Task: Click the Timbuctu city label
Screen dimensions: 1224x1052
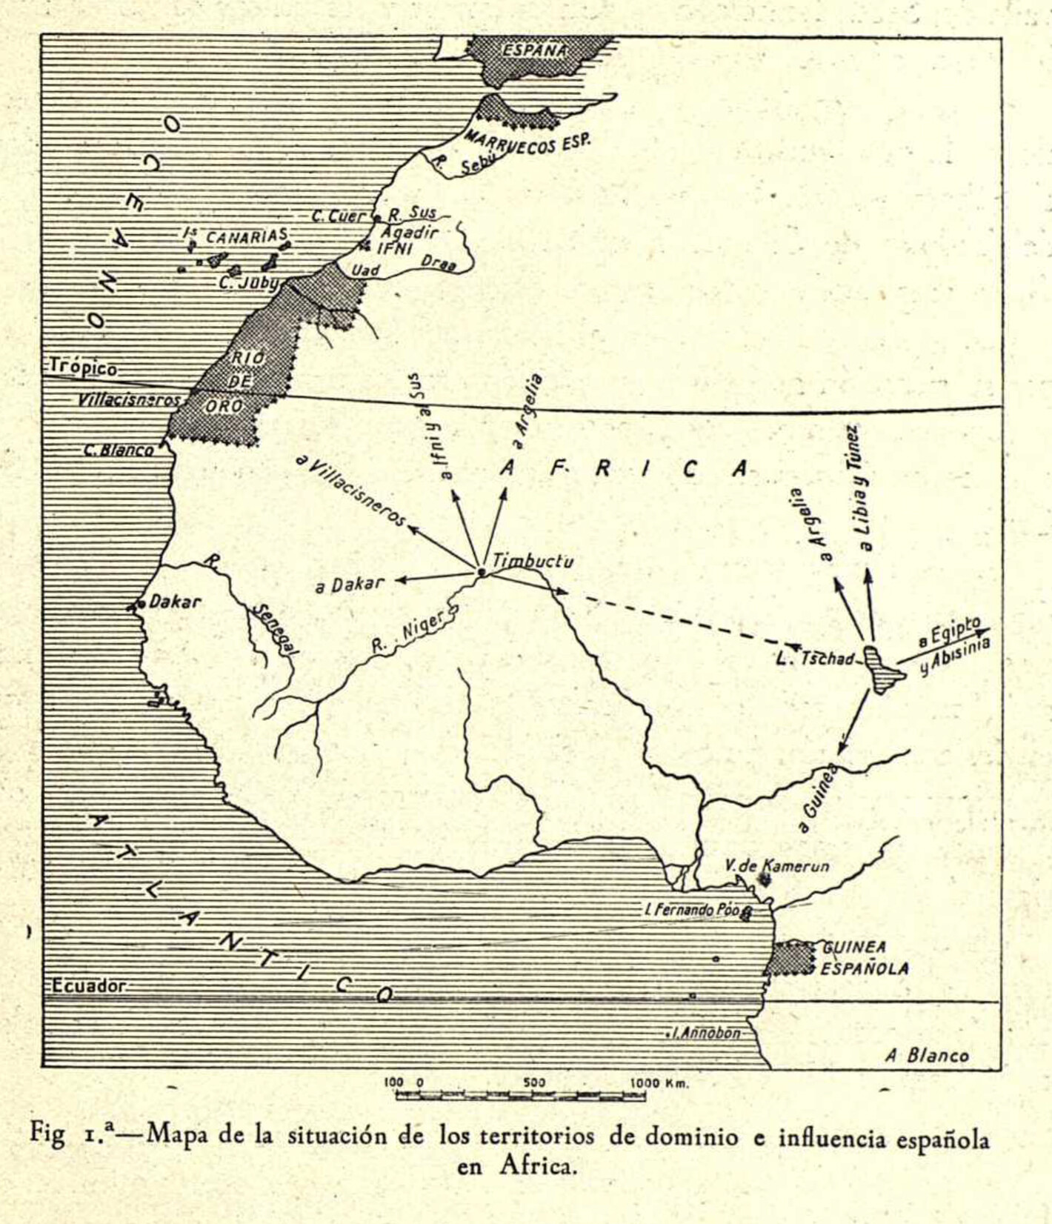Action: (533, 562)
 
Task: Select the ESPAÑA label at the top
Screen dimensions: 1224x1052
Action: (535, 50)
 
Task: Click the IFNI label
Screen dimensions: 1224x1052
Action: (394, 248)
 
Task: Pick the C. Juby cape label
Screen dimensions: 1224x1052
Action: (249, 283)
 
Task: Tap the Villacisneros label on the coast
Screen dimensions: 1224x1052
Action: (129, 400)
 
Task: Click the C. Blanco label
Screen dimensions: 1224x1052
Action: (119, 450)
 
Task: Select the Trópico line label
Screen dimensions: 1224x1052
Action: (84, 368)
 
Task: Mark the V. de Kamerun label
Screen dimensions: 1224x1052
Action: (776, 865)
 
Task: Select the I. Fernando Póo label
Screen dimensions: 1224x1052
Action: (693, 910)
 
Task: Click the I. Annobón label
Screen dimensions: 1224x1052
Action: (706, 1033)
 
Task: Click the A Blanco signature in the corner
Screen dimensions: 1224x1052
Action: (927, 1056)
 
